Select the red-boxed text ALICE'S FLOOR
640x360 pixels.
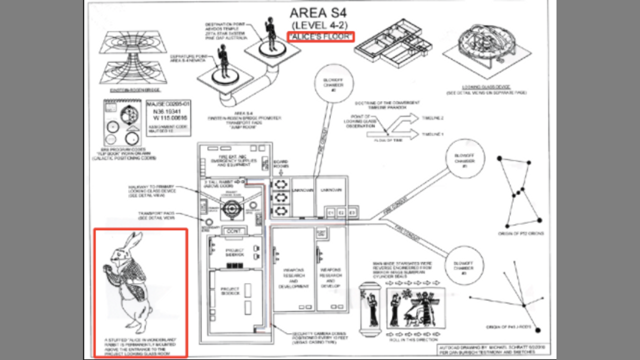pos(321,36)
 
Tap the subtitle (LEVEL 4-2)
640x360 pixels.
pos(320,25)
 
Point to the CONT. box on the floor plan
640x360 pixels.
pos(234,231)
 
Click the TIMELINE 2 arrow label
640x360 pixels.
pos(433,118)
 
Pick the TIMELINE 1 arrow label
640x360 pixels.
pos(433,135)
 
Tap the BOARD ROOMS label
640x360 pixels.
pos(280,164)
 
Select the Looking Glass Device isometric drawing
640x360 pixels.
pos(485,50)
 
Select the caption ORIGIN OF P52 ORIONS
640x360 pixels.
pos(520,233)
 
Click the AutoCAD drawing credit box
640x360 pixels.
pos(487,349)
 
